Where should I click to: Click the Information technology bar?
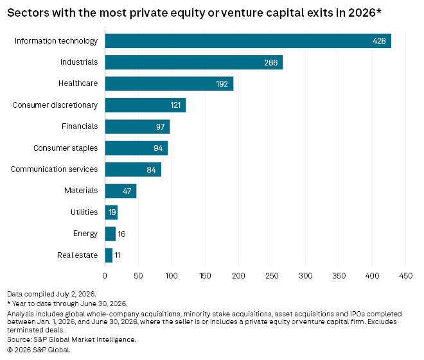pyautogui.click(x=248, y=41)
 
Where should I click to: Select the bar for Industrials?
pyautogui.click(x=194, y=62)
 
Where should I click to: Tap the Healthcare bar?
pyautogui.click(x=169, y=83)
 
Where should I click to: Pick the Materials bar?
pyautogui.click(x=121, y=191)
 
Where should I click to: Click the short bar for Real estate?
pyautogui.click(x=109, y=255)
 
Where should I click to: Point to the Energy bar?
pyautogui.click(x=110, y=234)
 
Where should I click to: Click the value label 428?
pyautogui.click(x=379, y=41)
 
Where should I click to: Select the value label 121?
pyautogui.click(x=175, y=105)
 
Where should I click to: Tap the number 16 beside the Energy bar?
pyautogui.click(x=121, y=234)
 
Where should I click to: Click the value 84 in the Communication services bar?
pyautogui.click(x=151, y=169)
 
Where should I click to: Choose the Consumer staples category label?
pyautogui.click(x=66, y=148)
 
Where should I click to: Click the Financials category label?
pyautogui.click(x=80, y=126)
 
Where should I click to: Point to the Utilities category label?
pyautogui.click(x=84, y=212)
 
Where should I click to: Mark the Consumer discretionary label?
pyautogui.click(x=55, y=105)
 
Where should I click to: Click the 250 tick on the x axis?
pyautogui.click(x=272, y=276)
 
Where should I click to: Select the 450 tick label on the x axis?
pyautogui.click(x=405, y=276)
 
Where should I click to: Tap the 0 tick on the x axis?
pyautogui.click(x=105, y=276)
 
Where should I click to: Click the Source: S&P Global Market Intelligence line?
pyautogui.click(x=71, y=339)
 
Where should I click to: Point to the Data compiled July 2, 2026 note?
pyautogui.click(x=51, y=294)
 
